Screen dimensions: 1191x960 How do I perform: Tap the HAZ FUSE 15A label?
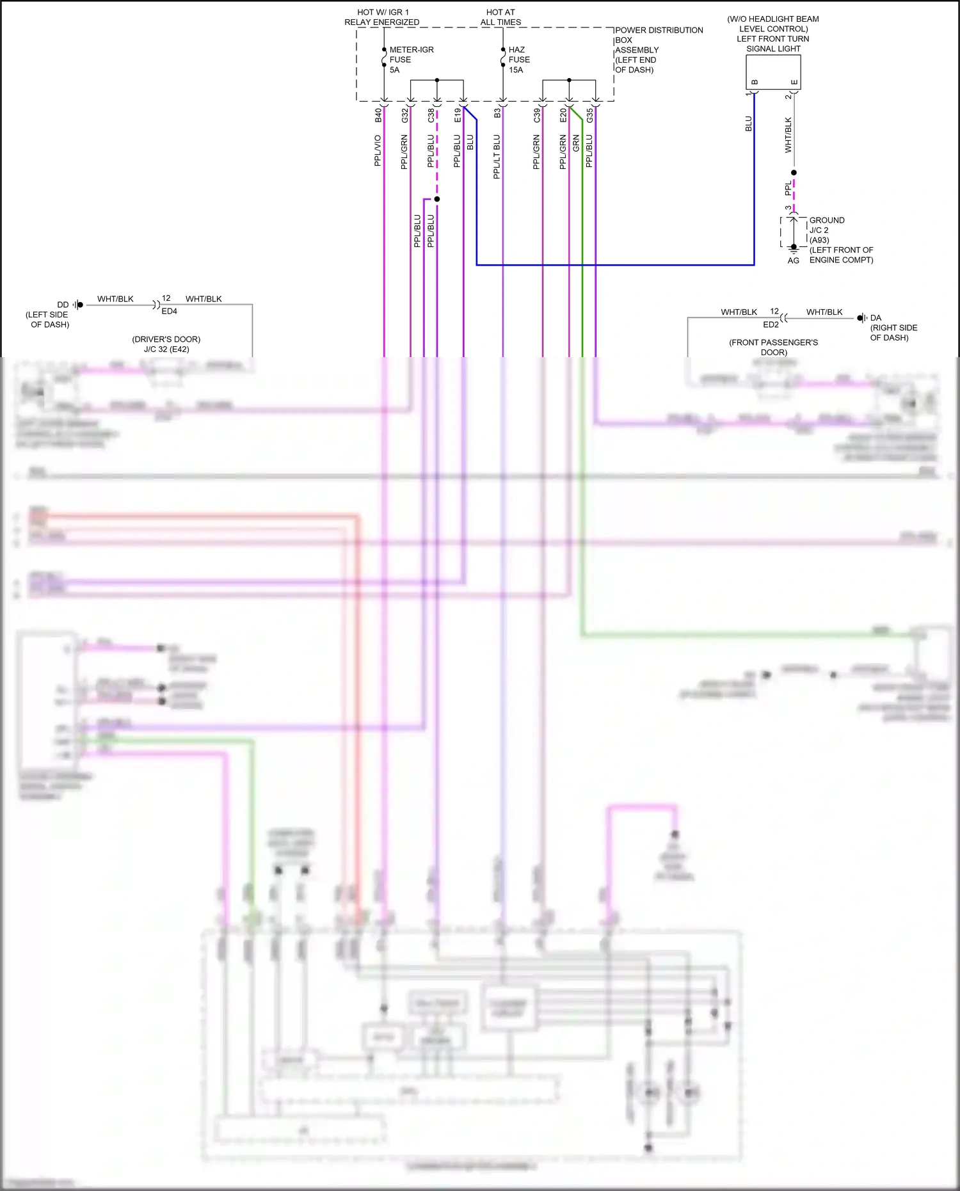pos(518,60)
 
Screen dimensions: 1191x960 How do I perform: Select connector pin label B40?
pos(378,115)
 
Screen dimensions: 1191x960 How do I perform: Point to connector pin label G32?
pos(404,115)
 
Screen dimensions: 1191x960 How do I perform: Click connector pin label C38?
pos(431,115)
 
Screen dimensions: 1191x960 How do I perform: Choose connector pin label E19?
pos(458,115)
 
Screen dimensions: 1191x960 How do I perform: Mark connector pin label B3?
pos(497,113)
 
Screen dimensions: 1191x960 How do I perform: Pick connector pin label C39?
pos(536,115)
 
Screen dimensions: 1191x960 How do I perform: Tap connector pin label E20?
pos(563,115)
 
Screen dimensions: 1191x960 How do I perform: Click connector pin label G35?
pos(589,115)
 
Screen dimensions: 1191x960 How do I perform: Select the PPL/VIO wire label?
pos(378,151)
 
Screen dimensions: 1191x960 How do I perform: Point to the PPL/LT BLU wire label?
pos(497,156)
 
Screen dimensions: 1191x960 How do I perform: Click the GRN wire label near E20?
pos(576,143)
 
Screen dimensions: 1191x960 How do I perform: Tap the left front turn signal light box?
pos(773,72)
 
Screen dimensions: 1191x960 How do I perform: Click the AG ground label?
pos(793,261)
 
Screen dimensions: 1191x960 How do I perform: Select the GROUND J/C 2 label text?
pos(827,225)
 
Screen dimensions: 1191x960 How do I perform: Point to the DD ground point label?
pos(63,305)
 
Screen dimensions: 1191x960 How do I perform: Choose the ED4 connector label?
pos(169,312)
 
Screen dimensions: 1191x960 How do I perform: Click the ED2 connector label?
pos(771,324)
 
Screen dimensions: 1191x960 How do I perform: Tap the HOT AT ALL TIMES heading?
pos(500,17)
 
